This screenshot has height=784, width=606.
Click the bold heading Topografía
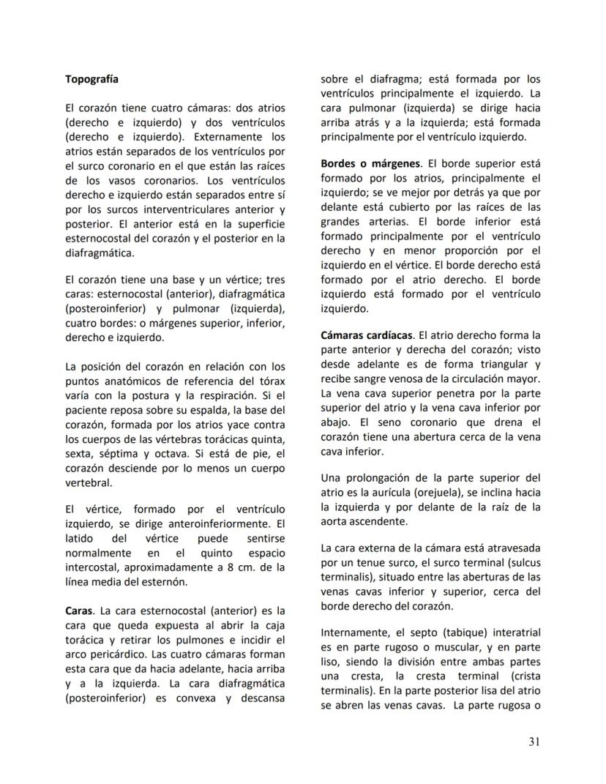[91, 78]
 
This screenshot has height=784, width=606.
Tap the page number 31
[534, 742]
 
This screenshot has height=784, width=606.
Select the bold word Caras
[79, 610]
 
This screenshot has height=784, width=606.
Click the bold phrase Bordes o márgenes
[370, 163]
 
